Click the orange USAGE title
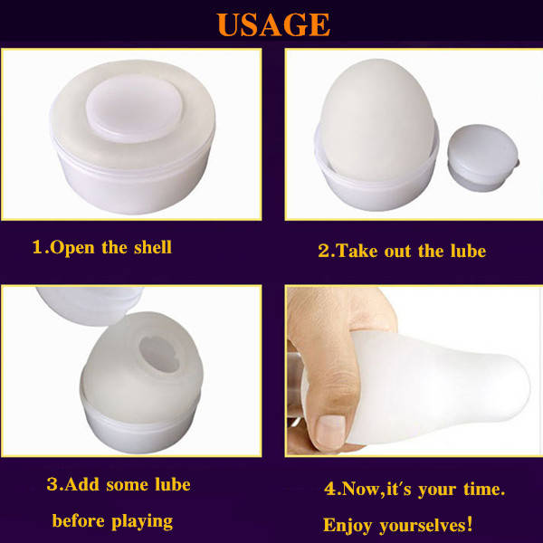coord(273,25)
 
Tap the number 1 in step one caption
coord(37,247)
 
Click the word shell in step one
coord(153,247)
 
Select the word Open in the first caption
coord(72,248)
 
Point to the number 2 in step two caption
coord(324,251)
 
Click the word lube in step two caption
coord(468,251)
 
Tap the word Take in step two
coord(357,251)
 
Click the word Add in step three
coord(81,484)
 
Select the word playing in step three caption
coord(142,521)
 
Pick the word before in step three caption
coord(78,520)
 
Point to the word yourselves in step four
coord(425,525)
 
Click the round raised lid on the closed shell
coord(134,109)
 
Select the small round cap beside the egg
coord(483,157)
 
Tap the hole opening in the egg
coord(159,354)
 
